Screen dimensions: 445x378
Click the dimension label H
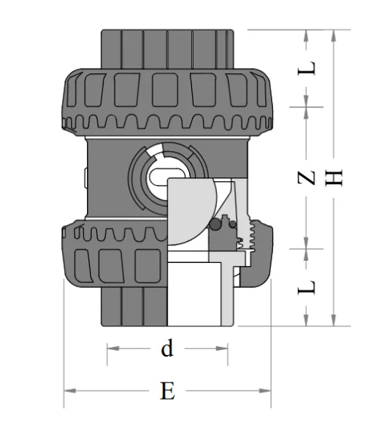click(336, 178)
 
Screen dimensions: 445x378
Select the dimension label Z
click(306, 178)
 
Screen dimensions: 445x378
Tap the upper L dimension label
click(306, 69)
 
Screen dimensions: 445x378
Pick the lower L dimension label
click(306, 286)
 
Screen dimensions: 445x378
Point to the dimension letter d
click(167, 348)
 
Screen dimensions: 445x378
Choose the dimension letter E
click(168, 391)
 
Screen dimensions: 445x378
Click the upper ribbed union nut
click(166, 98)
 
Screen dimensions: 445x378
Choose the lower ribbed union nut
click(113, 253)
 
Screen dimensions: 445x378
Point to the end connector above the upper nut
click(166, 45)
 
